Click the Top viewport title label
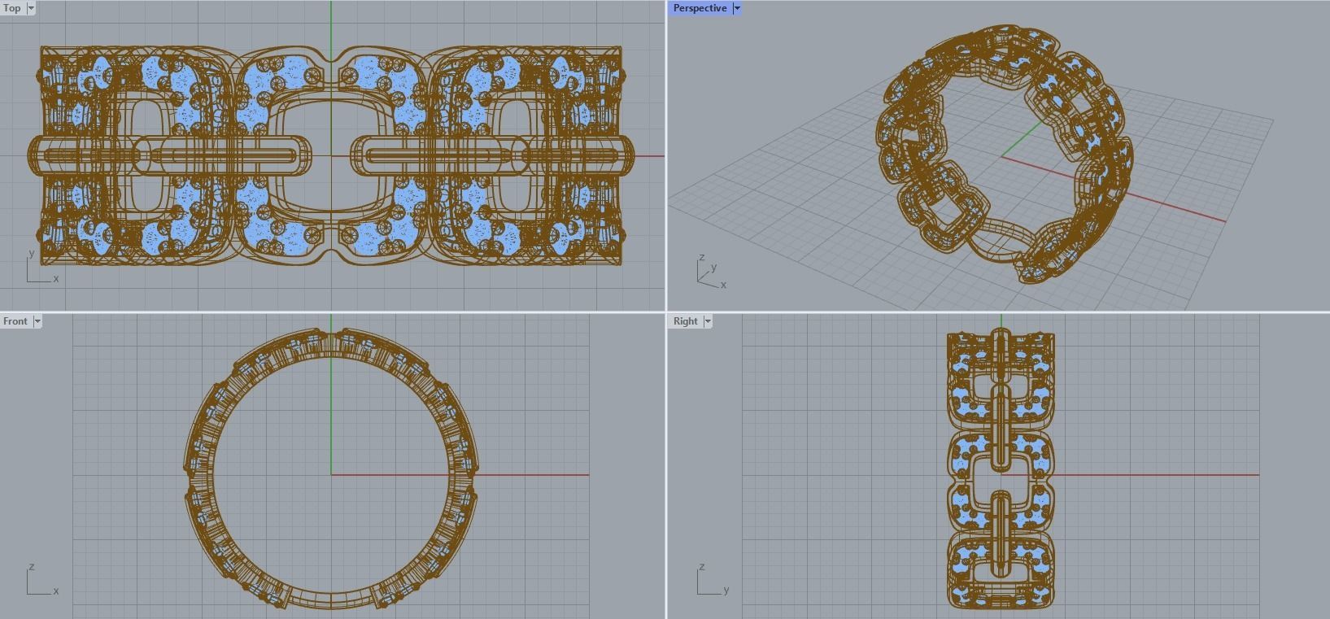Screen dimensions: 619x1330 [x=12, y=8]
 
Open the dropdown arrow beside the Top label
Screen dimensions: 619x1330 [x=31, y=8]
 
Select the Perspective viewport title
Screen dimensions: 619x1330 [x=700, y=8]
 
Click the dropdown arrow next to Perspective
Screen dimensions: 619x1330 [x=737, y=8]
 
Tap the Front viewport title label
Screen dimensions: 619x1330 [x=15, y=321]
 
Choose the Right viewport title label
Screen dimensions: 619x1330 [x=685, y=321]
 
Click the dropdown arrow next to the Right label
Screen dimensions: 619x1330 [x=708, y=321]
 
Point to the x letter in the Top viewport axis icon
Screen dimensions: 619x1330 [x=56, y=279]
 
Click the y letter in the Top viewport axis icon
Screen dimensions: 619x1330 [x=32, y=253]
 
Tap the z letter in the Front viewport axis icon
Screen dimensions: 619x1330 [x=32, y=566]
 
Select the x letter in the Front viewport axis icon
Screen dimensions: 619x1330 [x=56, y=591]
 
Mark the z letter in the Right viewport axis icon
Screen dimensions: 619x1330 [x=702, y=566]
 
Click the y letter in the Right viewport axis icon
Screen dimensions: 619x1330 [x=726, y=591]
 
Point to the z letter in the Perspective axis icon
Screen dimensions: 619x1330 [x=702, y=258]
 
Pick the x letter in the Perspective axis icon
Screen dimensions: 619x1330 [x=723, y=285]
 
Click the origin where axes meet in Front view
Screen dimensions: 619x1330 [x=331, y=474]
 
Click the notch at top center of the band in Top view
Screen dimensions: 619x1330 [x=331, y=59]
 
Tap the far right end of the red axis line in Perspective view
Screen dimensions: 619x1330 [x=1225, y=220]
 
